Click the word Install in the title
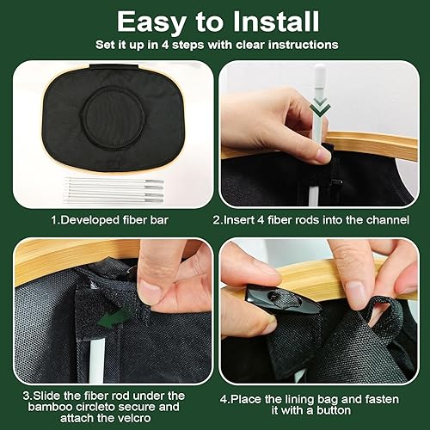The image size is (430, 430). tap(276, 21)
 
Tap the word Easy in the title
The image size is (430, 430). tap(151, 23)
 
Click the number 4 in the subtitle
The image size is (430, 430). tap(164, 45)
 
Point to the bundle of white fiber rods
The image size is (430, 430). tap(114, 191)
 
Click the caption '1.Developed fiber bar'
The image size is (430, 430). tap(109, 220)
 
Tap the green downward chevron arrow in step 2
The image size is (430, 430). tap(320, 106)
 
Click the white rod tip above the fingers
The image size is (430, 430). tap(320, 75)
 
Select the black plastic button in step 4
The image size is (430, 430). tap(282, 302)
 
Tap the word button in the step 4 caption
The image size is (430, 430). tap(333, 410)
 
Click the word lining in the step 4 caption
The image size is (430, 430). tap(301, 399)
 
